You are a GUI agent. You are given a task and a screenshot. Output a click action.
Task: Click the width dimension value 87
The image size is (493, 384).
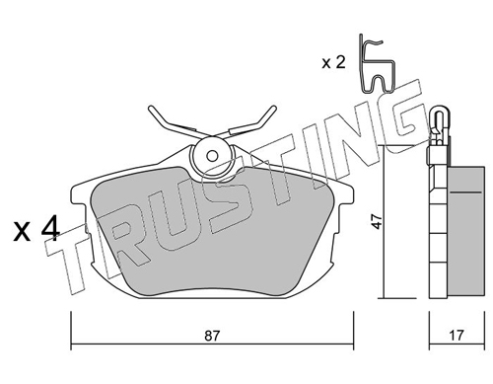[x=212, y=336]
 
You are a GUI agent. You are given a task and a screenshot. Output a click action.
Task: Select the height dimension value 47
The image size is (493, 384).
[x=378, y=221]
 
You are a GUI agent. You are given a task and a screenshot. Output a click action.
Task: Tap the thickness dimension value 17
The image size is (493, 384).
[x=457, y=336]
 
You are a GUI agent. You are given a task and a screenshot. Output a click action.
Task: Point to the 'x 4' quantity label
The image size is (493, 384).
[x=36, y=228]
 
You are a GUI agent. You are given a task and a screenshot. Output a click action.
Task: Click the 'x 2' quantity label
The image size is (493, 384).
[x=333, y=62]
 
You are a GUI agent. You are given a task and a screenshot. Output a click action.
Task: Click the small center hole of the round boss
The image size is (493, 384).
[x=213, y=156]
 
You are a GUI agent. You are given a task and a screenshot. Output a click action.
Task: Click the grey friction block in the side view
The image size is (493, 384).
[x=465, y=232]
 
